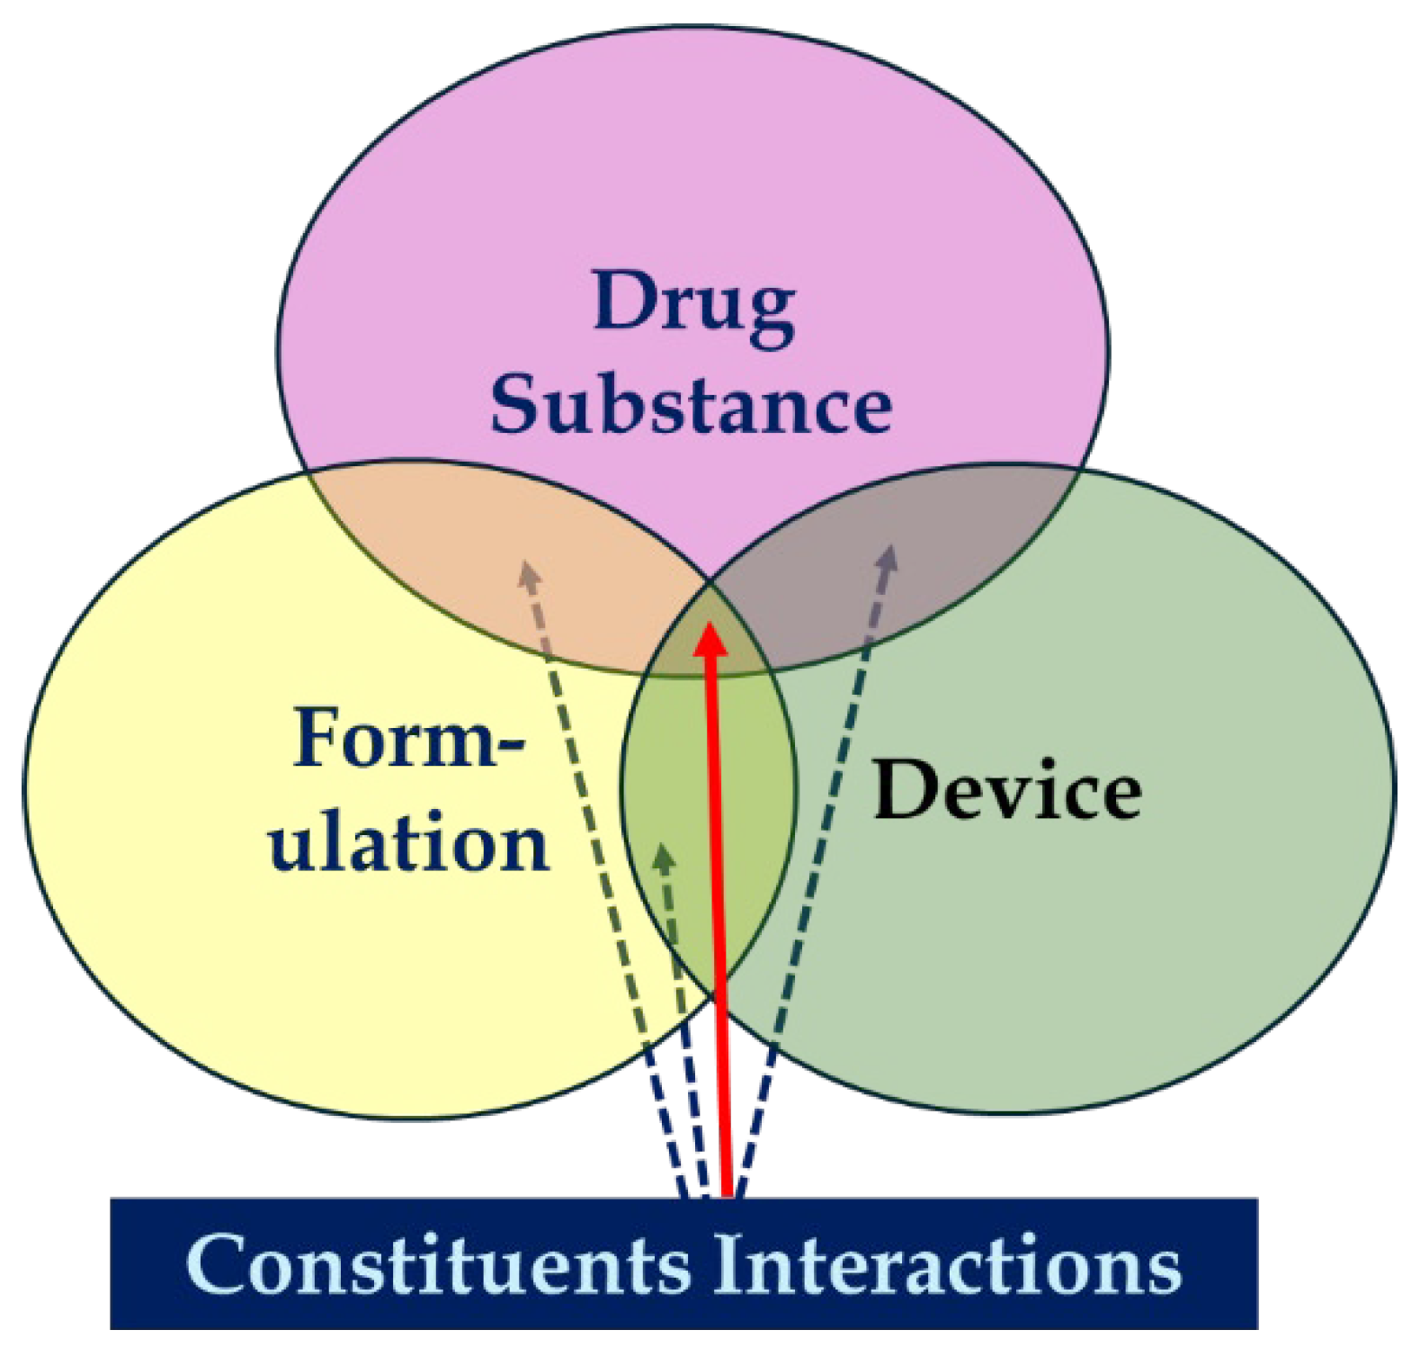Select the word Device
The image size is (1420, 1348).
(x=1007, y=791)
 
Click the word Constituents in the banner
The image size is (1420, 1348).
(x=438, y=1264)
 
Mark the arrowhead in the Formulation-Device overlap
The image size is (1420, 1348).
(x=664, y=856)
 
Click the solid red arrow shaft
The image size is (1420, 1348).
(x=719, y=900)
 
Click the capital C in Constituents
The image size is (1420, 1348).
(x=219, y=1264)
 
